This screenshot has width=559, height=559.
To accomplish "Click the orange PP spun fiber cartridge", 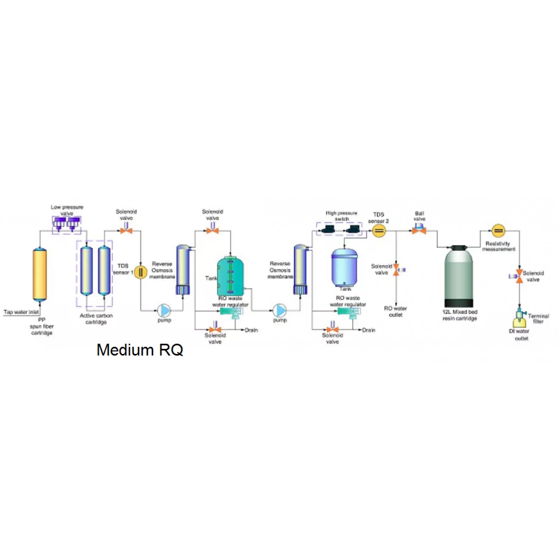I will click(40, 274).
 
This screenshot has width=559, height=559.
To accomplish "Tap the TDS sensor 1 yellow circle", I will click(140, 272).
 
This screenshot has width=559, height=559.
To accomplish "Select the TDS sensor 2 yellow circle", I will click(379, 231).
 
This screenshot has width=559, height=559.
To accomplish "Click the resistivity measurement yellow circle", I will click(498, 231).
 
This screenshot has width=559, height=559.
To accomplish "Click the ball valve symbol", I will click(419, 230).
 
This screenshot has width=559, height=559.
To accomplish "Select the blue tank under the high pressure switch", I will click(344, 267).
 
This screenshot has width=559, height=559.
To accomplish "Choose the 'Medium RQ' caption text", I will click(140, 350).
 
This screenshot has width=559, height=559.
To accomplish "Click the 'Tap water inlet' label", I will click(21, 312).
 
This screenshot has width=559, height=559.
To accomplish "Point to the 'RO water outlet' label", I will click(395, 312).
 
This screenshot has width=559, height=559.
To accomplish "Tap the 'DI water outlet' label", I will click(520, 335).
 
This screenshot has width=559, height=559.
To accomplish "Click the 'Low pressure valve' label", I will click(67, 210).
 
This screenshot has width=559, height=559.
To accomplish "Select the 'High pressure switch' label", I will click(341, 216).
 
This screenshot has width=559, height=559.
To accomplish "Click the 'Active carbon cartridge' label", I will click(96, 319).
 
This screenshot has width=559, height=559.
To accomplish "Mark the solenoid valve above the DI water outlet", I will click(519, 276).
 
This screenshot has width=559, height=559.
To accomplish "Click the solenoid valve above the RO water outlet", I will click(396, 269).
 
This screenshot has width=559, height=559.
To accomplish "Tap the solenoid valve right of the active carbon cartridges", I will click(126, 231).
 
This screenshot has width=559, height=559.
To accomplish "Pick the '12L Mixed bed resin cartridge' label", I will click(460, 315).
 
